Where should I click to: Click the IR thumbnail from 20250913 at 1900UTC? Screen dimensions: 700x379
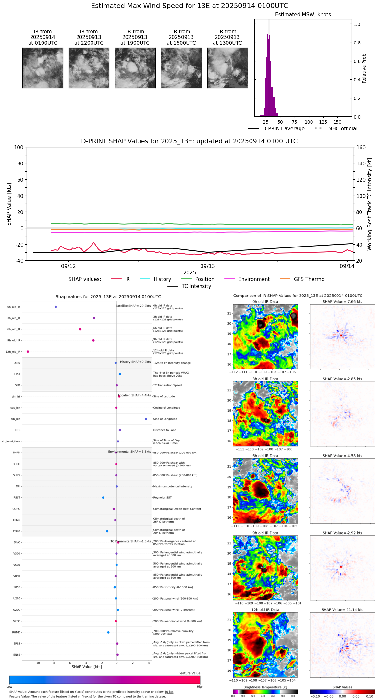click(x=135, y=68)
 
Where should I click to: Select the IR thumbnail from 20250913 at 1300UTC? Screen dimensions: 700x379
click(x=227, y=68)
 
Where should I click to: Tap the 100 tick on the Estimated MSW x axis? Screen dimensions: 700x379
click(x=309, y=122)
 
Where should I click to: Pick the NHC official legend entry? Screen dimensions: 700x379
click(x=342, y=129)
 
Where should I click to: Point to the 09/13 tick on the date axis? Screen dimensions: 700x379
click(x=208, y=266)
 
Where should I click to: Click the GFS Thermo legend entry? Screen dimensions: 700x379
click(x=309, y=279)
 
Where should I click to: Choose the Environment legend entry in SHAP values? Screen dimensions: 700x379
click(x=254, y=279)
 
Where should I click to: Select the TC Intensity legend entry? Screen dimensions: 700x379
click(x=196, y=286)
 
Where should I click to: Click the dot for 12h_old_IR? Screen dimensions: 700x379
click(x=28, y=352)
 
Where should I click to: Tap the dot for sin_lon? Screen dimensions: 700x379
click(x=146, y=419)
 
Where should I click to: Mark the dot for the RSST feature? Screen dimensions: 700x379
click(x=103, y=498)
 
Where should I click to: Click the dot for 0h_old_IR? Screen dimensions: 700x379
click(x=56, y=307)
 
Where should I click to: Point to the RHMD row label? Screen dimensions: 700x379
click(x=16, y=632)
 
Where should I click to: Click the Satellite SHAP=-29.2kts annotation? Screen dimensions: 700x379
click(x=133, y=306)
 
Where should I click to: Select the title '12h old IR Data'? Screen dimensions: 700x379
click(x=265, y=610)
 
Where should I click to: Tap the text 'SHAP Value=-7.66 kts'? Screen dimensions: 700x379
click(x=342, y=302)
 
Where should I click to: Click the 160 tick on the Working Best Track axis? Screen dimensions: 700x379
click(x=361, y=148)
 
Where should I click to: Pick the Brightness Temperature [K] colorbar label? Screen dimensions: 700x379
click(x=265, y=687)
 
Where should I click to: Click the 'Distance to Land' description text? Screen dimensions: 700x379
click(x=165, y=430)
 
